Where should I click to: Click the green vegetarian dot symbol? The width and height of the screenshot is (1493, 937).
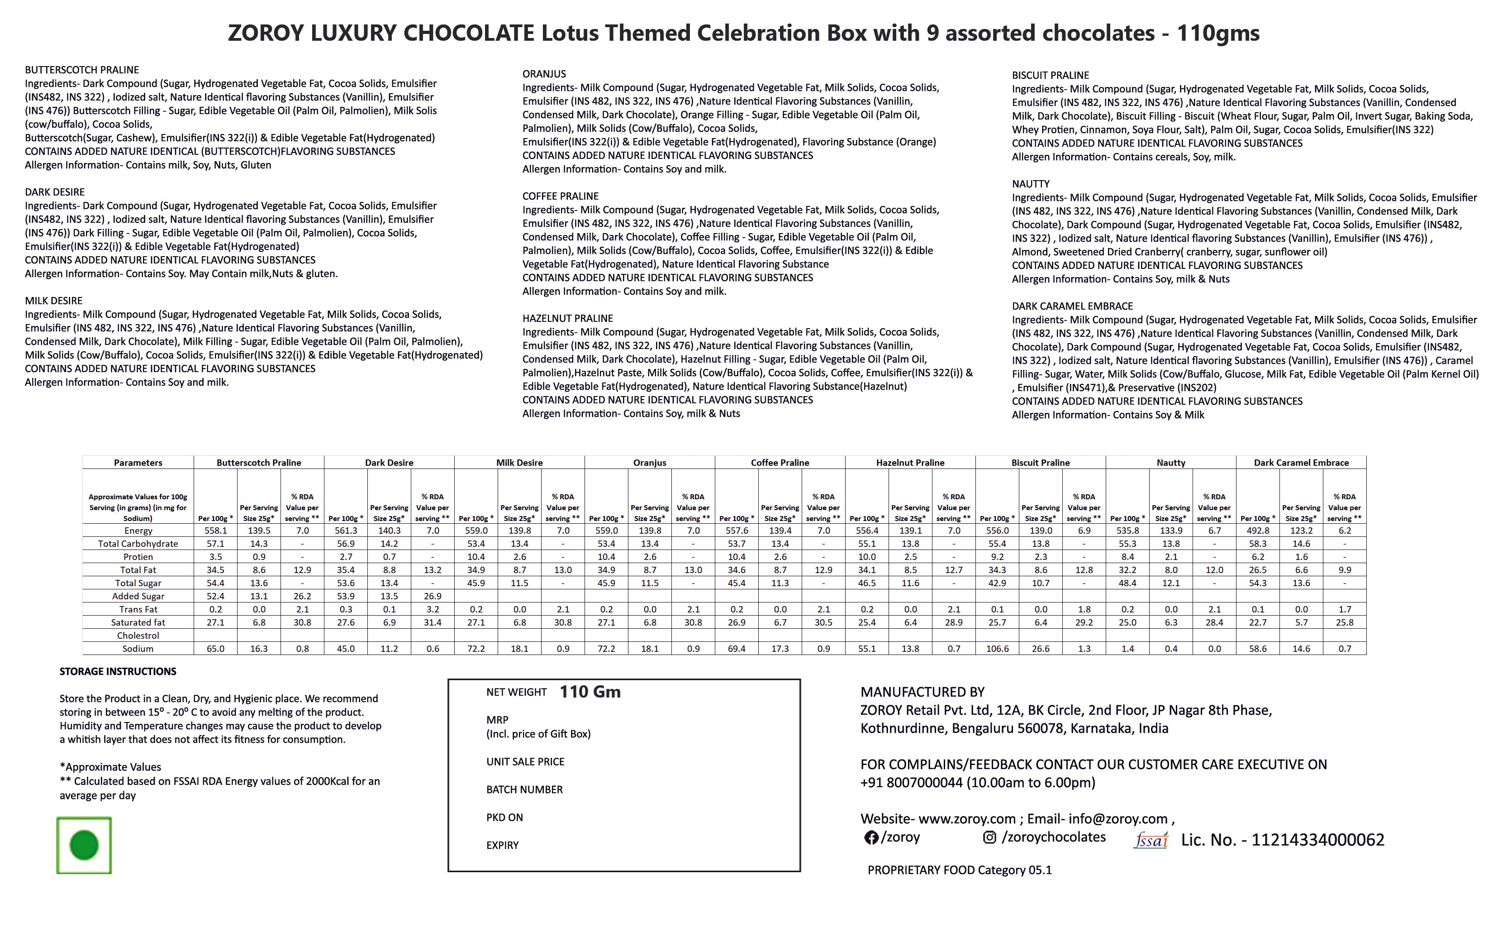point(84,845)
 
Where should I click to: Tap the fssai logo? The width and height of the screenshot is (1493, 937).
point(1151,840)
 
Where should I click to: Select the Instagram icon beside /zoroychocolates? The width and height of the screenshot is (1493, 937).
point(989,837)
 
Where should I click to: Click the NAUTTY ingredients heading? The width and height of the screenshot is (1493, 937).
point(1031,184)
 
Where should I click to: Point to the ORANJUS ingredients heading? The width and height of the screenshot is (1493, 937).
point(544,74)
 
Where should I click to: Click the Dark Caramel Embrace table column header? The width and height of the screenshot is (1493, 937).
point(1301,462)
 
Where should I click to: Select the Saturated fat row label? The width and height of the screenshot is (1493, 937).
point(138,622)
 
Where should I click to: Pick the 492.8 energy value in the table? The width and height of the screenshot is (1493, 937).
point(1258,531)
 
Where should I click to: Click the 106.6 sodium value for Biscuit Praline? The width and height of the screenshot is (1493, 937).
point(997,648)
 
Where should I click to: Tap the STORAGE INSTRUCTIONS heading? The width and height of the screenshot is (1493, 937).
point(118,671)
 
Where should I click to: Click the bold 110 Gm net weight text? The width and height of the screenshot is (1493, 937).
point(590,692)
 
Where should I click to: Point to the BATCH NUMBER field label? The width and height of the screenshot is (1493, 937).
point(524,789)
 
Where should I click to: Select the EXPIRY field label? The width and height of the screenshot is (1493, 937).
point(502,845)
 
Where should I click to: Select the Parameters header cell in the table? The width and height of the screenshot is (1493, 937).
point(138,462)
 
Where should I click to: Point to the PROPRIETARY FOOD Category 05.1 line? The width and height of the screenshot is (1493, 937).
point(959,870)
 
